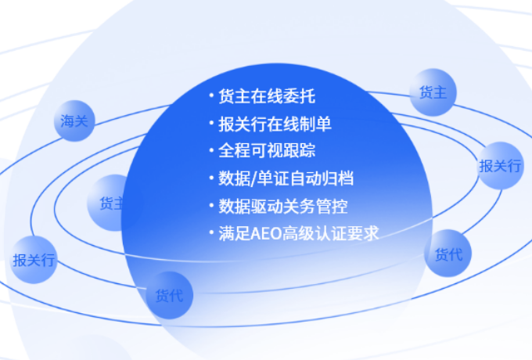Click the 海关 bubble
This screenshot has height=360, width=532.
tap(74, 121)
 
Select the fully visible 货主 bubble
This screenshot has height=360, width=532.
tap(433, 92)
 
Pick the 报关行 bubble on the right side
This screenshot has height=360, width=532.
tap(500, 166)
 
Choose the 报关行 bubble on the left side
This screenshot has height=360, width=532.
tap(34, 260)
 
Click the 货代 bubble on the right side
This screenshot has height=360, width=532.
tap(448, 254)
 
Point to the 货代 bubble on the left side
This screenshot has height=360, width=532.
tap(170, 295)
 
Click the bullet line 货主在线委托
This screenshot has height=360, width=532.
tap(267, 96)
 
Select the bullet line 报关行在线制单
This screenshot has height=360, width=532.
tap(275, 124)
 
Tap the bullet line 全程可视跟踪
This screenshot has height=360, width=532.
tap(267, 150)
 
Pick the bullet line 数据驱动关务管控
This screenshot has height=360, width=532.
tap(283, 206)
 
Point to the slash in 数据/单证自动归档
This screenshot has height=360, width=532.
tap(253, 178)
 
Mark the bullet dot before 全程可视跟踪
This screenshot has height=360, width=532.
tap(211, 150)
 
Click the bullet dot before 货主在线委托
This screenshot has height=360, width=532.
tap(211, 95)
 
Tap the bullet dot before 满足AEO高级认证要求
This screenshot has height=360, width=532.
tap(211, 232)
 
